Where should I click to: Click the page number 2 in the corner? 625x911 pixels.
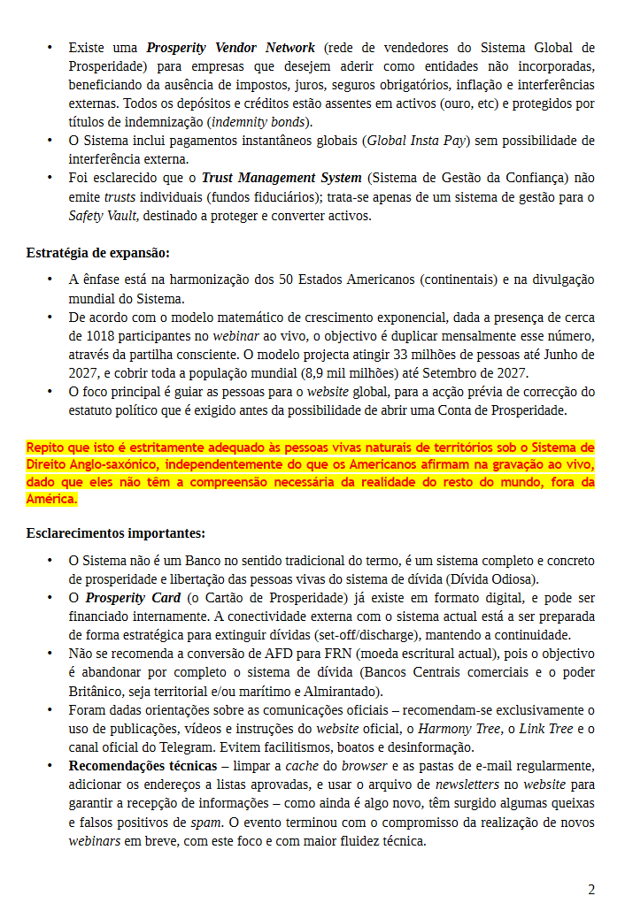coord(591,889)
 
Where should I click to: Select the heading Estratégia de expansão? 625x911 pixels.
coord(97,253)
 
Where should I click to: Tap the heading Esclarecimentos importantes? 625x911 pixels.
coord(115,533)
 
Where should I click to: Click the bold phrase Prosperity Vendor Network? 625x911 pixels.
coord(230,47)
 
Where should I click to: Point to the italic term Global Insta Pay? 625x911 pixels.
coord(416,141)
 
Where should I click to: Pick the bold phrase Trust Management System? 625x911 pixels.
coord(282,178)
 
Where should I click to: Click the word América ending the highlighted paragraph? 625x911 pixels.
coord(51,499)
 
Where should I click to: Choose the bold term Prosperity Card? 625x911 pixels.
coord(133,598)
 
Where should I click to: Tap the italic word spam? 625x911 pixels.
coord(205,822)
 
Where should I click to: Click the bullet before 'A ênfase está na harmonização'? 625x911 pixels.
coord(50,280)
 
